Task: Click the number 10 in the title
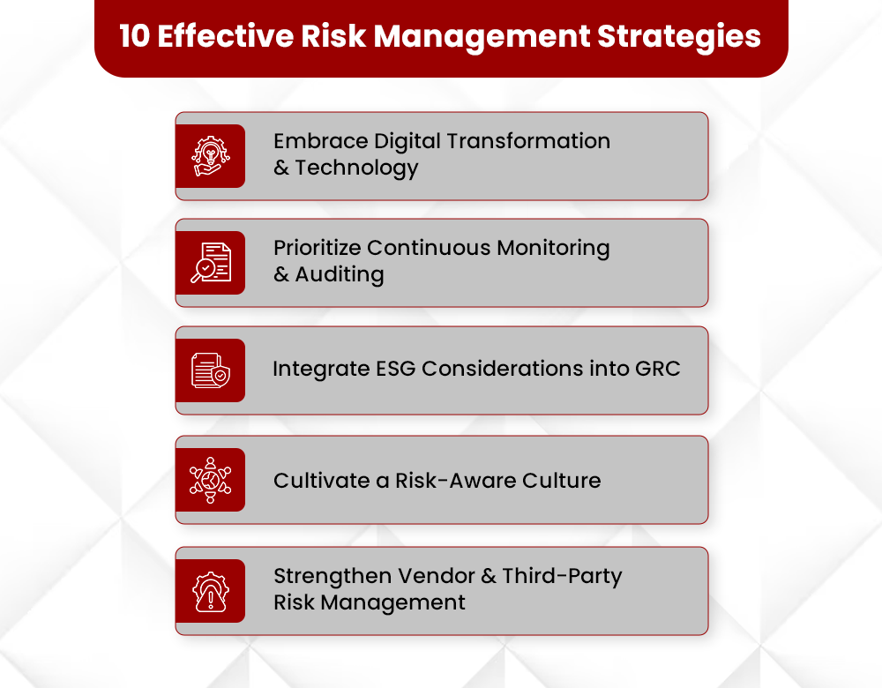tap(134, 36)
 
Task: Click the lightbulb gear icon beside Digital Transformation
tap(210, 156)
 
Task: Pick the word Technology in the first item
tap(356, 168)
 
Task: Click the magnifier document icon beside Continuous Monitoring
tap(210, 263)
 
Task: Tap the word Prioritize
tap(317, 248)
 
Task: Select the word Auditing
tap(340, 274)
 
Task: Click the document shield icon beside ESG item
tap(210, 370)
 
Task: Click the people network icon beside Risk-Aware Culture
tap(210, 480)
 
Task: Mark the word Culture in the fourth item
tap(560, 481)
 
